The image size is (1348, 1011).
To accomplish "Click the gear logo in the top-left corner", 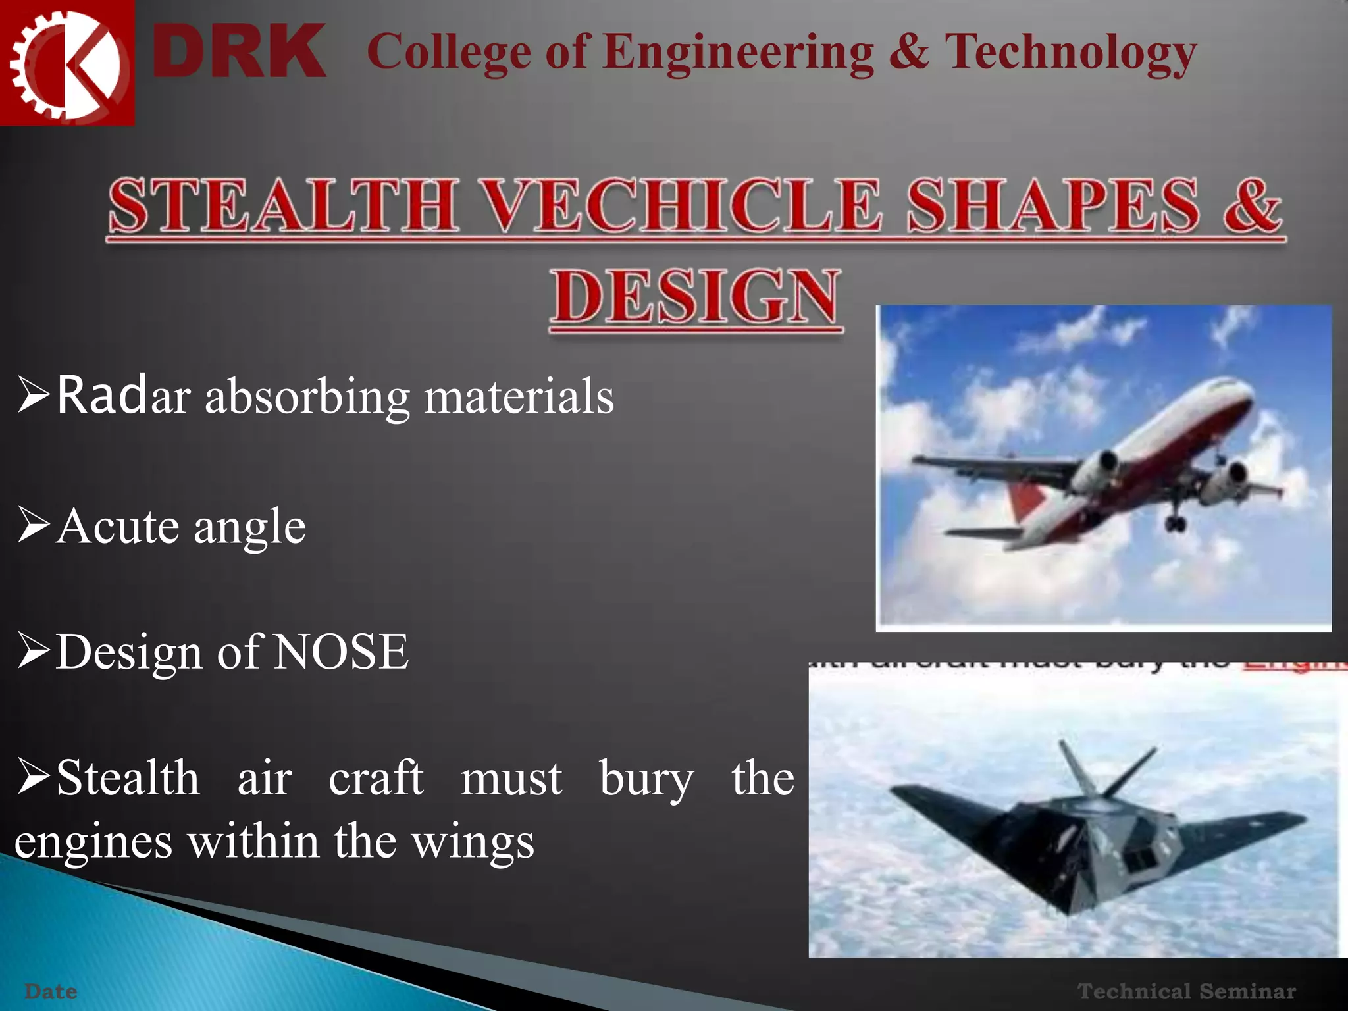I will pos(66,63).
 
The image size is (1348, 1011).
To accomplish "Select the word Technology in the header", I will pos(1070,53).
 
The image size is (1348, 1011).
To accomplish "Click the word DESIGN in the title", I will pos(696,298).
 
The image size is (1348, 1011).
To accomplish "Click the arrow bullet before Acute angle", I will pos(34,527).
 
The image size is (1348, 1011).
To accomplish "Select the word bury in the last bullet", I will pos(646,779).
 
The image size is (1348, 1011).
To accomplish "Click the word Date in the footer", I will pos(51,991).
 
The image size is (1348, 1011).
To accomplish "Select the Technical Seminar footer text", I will pos(1186,991).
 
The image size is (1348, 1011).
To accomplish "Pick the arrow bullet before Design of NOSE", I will pos(34,652).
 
